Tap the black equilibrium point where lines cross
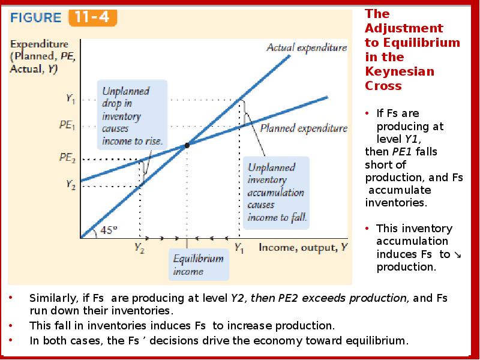[x=187, y=145]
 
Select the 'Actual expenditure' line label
[x=307, y=47]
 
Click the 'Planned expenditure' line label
[x=304, y=128]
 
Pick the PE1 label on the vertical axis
[x=68, y=127]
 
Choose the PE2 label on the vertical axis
[x=67, y=158]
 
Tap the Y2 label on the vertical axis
[x=70, y=185]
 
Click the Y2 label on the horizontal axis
[x=139, y=247]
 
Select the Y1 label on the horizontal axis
[x=239, y=247]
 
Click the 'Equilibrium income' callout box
[x=198, y=265]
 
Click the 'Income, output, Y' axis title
[x=302, y=247]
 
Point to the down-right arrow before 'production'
[x=458, y=254]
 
